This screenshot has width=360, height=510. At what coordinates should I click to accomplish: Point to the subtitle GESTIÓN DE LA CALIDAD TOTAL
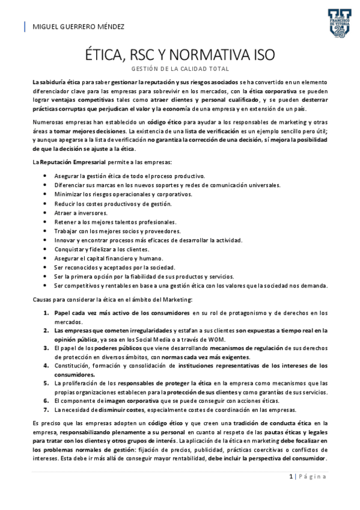(180, 69)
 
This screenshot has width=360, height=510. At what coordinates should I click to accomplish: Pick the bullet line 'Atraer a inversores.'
(81, 213)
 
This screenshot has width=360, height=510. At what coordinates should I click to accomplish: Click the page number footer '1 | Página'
(307, 476)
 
